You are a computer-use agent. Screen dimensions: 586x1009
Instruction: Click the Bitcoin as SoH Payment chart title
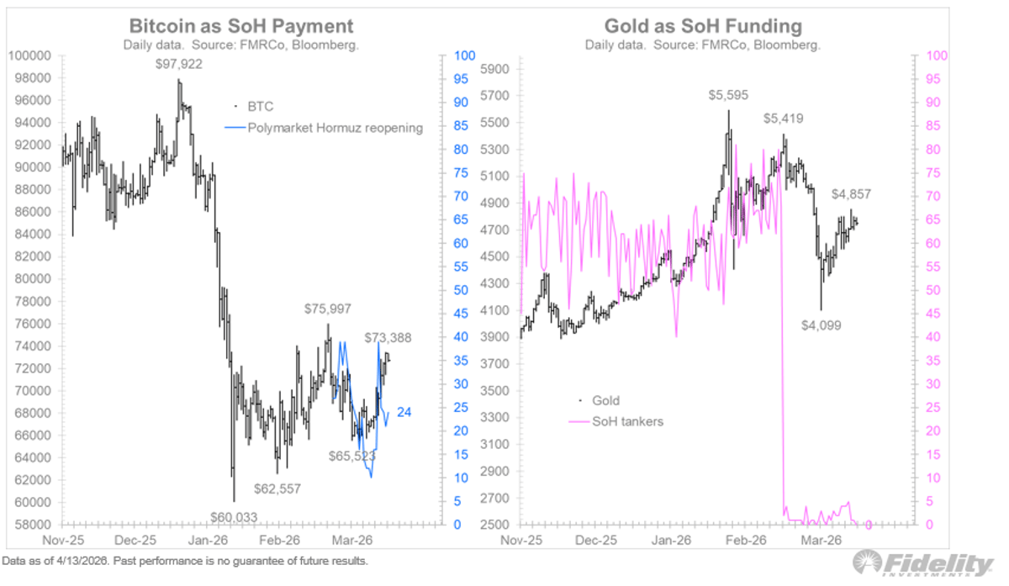240,26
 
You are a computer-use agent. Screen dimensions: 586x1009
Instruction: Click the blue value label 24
404,412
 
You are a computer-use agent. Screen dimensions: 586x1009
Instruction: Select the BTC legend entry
260,107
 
